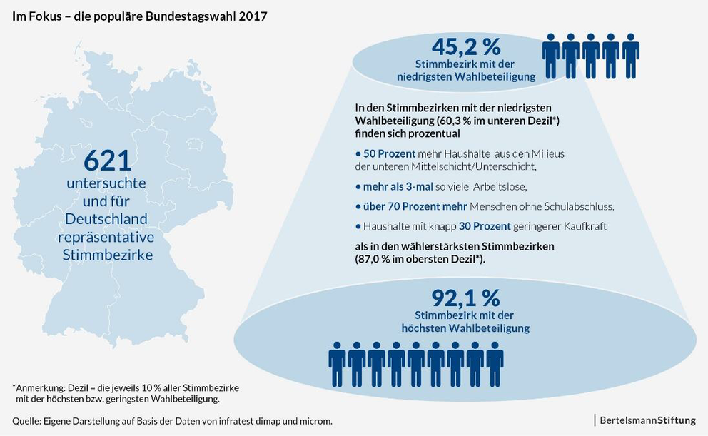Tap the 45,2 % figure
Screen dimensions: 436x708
click(x=466, y=47)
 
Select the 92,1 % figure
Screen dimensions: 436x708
click(x=465, y=297)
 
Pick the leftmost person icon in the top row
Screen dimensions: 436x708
click(x=551, y=56)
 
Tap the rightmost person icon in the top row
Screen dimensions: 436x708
click(x=630, y=56)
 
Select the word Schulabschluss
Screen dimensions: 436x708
click(x=575, y=206)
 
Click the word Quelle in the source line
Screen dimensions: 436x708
click(x=26, y=421)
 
